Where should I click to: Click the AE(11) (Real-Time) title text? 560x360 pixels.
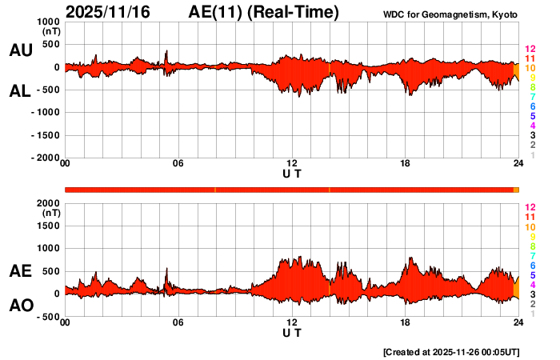(264, 12)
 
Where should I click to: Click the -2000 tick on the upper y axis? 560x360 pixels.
(46, 158)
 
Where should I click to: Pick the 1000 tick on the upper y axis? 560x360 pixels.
(49, 22)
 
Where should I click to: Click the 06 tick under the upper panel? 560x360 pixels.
(178, 164)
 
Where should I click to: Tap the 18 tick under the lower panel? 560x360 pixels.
(406, 322)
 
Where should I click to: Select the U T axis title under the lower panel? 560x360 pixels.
(292, 332)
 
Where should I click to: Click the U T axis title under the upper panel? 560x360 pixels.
(292, 174)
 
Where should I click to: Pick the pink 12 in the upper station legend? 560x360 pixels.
(529, 50)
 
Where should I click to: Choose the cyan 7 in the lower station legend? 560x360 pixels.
(531, 256)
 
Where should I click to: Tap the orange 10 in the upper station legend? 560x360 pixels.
(529, 69)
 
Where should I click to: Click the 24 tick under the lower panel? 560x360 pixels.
(518, 322)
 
